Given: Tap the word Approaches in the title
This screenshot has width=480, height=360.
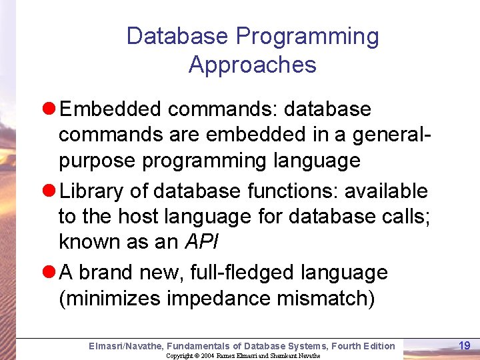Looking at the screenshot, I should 252,65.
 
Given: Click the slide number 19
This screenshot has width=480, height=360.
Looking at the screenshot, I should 465,345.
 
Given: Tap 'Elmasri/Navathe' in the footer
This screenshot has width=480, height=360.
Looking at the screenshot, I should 125,345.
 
